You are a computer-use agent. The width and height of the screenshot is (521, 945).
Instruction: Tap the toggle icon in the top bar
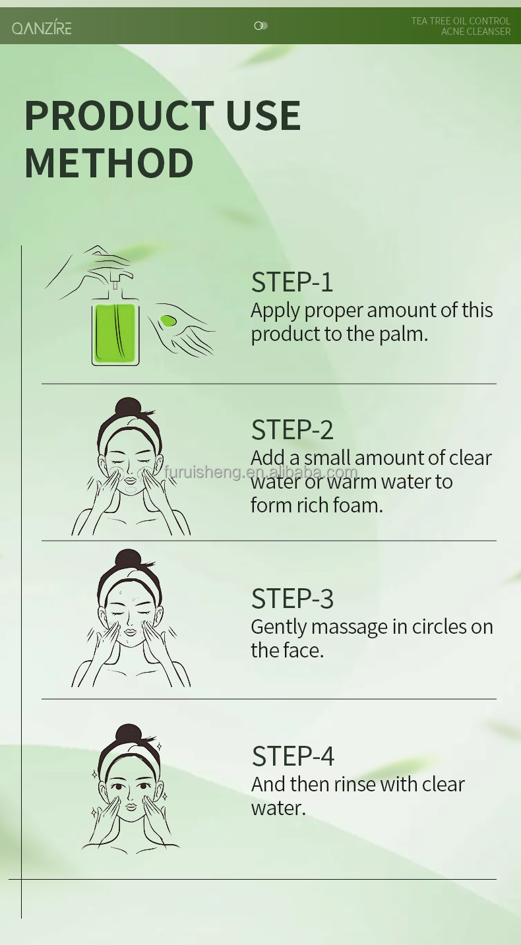coord(260,26)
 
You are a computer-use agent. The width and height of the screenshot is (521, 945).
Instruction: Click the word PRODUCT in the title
coord(119,115)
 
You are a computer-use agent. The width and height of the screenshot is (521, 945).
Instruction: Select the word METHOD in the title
coord(109,163)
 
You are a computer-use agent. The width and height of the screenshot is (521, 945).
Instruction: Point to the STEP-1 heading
coord(292,282)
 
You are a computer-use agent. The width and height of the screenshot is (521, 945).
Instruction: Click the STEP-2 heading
coord(292,429)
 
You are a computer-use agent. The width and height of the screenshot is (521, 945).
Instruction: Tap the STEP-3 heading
coord(292,598)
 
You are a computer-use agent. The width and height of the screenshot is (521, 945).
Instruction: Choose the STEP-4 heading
coord(293,756)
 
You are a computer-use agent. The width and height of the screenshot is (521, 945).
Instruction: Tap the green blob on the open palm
coord(168,320)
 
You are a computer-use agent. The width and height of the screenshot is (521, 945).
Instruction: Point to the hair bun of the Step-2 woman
coord(128,408)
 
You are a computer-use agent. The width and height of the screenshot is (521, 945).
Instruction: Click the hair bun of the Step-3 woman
coord(128,559)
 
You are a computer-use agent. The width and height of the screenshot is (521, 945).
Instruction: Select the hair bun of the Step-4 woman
coord(128,735)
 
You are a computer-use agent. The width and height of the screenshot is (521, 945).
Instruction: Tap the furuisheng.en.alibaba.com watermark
coord(260,472)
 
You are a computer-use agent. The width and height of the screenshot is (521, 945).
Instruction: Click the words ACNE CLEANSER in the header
coord(476,32)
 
